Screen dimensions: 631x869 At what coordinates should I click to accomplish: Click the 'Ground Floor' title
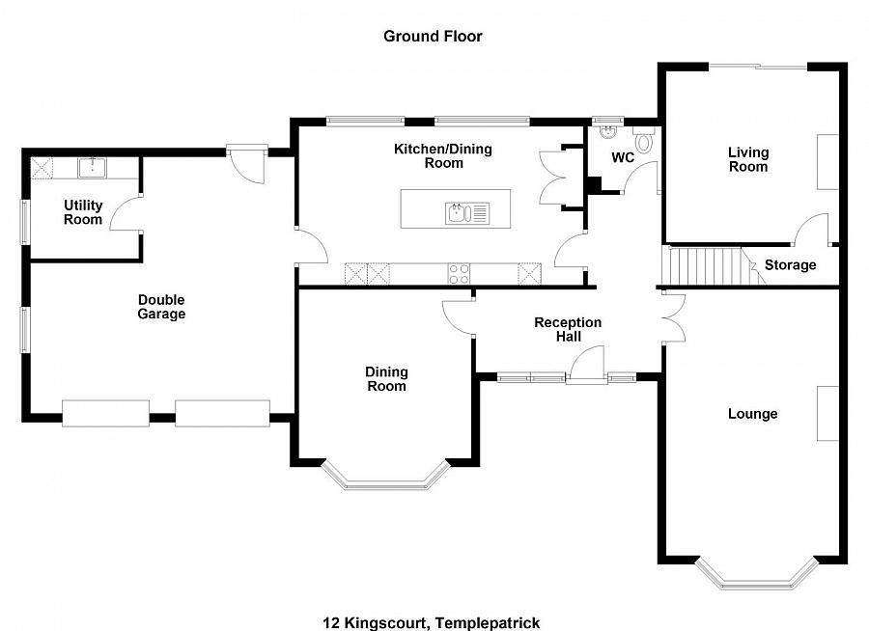(433, 37)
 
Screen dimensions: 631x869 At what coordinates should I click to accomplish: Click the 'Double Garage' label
(161, 307)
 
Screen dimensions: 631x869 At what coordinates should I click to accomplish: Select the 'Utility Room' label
(83, 212)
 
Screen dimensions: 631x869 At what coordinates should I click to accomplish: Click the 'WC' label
(623, 157)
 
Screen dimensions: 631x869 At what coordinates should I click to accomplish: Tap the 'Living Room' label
(748, 159)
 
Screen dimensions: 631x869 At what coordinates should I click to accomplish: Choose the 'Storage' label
(790, 265)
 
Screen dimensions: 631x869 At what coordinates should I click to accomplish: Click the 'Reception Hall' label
(568, 329)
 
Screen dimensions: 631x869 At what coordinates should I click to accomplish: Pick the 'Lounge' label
(752, 414)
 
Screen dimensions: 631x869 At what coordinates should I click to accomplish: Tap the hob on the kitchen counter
(460, 274)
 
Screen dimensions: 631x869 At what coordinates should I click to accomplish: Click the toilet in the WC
(644, 141)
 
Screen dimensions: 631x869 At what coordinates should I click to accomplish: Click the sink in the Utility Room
(95, 168)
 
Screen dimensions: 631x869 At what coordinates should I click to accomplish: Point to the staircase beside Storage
(710, 264)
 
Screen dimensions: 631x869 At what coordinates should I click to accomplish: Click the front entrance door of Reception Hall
(586, 369)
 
